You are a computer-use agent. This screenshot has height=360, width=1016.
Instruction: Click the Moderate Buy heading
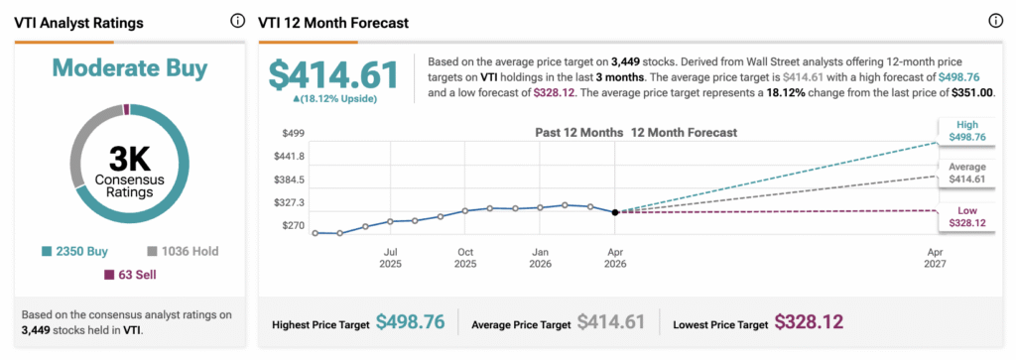click(x=130, y=68)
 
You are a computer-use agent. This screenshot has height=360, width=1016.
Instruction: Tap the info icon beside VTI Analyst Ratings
click(x=238, y=21)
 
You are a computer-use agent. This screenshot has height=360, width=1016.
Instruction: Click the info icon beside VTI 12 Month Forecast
click(x=995, y=21)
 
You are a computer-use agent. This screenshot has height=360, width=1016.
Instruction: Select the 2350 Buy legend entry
click(x=74, y=251)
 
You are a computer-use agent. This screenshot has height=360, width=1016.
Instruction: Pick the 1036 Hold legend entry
click(x=184, y=251)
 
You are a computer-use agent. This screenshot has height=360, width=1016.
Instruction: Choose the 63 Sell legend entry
click(x=130, y=275)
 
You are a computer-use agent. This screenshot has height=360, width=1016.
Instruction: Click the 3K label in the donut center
click(x=130, y=158)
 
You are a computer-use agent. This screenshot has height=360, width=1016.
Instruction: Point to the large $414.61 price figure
click(x=333, y=75)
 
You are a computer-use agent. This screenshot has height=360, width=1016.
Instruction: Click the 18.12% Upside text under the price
click(x=335, y=99)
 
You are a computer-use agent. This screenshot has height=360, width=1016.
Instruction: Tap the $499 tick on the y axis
click(x=293, y=133)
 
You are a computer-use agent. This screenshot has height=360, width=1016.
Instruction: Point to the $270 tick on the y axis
click(x=293, y=226)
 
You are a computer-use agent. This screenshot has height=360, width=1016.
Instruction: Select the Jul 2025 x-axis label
click(x=391, y=258)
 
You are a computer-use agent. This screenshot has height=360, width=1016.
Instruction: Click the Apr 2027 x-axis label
click(x=935, y=258)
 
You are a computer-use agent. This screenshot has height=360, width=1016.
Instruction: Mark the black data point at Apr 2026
click(x=615, y=211)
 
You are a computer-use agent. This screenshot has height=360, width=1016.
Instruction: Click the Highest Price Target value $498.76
click(x=410, y=321)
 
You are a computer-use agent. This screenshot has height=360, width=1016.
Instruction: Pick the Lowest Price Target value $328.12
click(x=810, y=321)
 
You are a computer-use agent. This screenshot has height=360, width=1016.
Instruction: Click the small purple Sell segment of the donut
click(x=126, y=109)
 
